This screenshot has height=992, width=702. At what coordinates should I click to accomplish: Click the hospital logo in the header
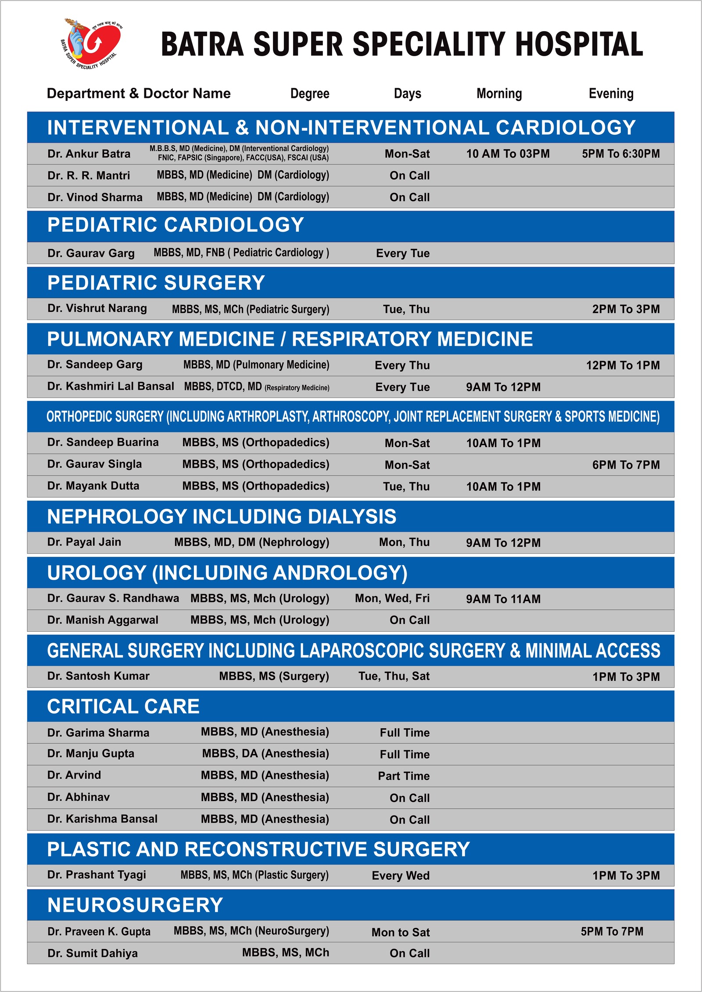click(x=91, y=44)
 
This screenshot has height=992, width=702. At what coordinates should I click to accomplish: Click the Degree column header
click(x=310, y=93)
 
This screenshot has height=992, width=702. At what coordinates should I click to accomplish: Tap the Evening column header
click(x=611, y=93)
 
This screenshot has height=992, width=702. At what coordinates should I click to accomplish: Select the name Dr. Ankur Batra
click(x=89, y=154)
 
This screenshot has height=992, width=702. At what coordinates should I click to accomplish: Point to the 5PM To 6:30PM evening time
click(x=620, y=154)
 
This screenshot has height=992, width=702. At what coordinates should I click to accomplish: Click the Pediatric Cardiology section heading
click(x=175, y=225)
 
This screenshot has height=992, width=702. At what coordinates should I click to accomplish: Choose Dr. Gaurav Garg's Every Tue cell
click(x=402, y=253)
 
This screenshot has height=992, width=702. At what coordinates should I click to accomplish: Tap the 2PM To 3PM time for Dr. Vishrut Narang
click(x=626, y=309)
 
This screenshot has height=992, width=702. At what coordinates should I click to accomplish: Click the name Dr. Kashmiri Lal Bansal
click(x=111, y=387)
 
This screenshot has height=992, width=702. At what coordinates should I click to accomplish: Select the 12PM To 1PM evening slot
click(x=623, y=365)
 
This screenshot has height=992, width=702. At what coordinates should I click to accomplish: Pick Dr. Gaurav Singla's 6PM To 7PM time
click(x=626, y=465)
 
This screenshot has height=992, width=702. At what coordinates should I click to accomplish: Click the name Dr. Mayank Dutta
click(x=93, y=486)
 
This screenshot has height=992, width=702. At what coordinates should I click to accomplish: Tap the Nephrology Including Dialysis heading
click(x=222, y=517)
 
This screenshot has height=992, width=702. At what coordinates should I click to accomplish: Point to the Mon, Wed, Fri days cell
click(x=392, y=598)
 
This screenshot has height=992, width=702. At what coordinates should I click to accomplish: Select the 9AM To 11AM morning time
click(x=503, y=599)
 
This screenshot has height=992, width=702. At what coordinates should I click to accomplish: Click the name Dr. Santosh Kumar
click(x=98, y=676)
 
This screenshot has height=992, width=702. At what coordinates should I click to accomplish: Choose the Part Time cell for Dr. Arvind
click(x=404, y=776)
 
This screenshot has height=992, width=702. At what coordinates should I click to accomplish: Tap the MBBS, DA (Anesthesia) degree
click(x=265, y=754)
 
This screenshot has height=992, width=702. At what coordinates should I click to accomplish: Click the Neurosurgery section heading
click(x=135, y=905)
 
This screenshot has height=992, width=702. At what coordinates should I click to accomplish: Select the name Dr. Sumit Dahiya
click(x=93, y=953)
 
